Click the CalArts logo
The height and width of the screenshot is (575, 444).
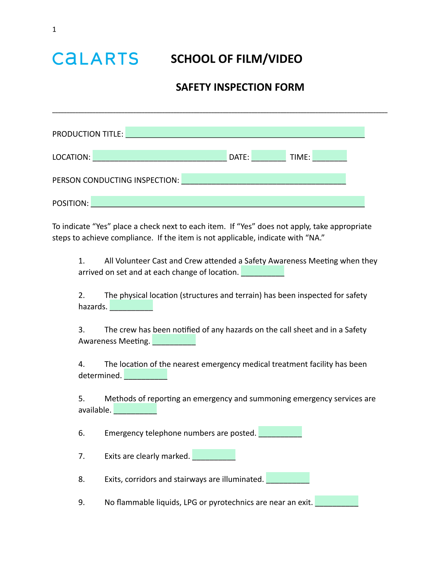[x=95, y=59]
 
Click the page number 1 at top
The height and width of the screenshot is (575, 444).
[x=54, y=30]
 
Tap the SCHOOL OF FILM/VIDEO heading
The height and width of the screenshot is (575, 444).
[x=236, y=59]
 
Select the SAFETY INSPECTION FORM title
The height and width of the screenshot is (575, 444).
[x=240, y=87]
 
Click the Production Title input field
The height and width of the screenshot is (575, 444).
[x=245, y=133]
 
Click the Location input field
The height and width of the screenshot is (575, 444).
[x=159, y=156]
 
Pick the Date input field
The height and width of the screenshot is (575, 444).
[x=268, y=156]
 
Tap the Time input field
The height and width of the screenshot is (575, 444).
[x=329, y=156]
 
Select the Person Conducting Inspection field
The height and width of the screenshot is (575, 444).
[x=264, y=179]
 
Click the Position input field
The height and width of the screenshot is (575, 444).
[x=227, y=202]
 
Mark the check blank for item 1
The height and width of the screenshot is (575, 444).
[x=263, y=271]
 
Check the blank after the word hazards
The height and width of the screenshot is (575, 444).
[x=131, y=305]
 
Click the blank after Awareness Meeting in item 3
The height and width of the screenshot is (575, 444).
[x=174, y=340]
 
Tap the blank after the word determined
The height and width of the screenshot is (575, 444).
[x=146, y=374]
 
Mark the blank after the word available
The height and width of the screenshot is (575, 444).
[x=135, y=409]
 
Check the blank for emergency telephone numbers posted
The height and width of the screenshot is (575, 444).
[x=280, y=432]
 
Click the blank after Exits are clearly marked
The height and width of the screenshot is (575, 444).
[x=214, y=455]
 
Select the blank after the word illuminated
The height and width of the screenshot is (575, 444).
[x=288, y=478]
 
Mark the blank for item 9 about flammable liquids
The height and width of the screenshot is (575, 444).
[x=336, y=501]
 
